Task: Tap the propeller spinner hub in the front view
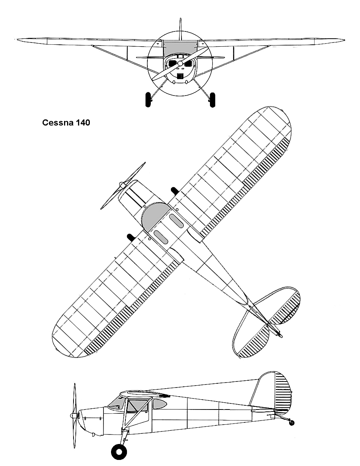point(180,63)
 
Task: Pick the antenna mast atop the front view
point(180,29)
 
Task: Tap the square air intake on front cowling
point(180,76)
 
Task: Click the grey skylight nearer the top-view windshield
point(161,237)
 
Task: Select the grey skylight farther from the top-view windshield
point(176,221)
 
